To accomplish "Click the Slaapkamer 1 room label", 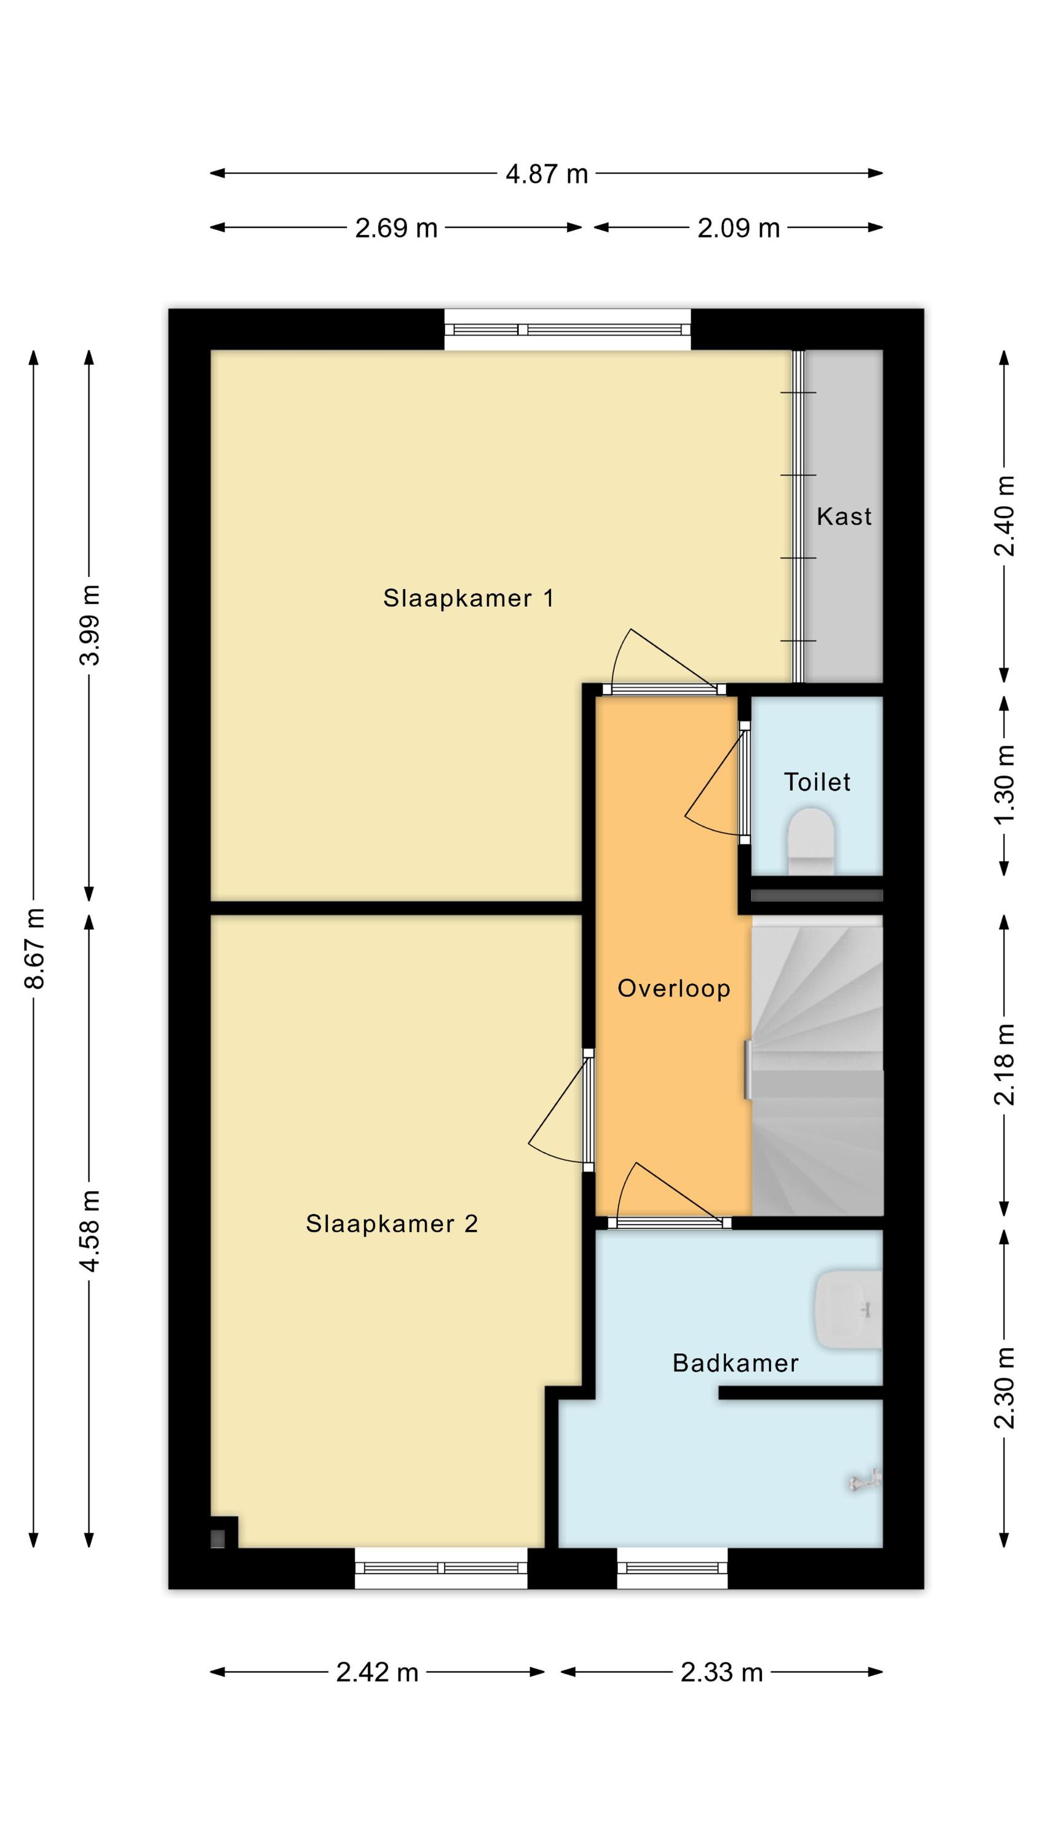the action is tap(468, 598).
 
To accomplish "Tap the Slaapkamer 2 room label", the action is tap(391, 1223).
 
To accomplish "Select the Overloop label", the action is tap(673, 989).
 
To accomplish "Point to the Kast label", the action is tap(844, 517).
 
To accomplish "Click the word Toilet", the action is tap(817, 782).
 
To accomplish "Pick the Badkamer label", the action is tap(735, 1363).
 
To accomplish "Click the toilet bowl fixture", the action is tap(811, 841).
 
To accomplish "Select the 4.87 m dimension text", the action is tap(547, 174).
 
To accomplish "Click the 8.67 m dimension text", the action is tap(34, 948).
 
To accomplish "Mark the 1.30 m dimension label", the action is tap(1004, 784).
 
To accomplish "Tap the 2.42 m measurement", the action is tap(378, 1672).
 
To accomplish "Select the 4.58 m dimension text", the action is tap(90, 1231).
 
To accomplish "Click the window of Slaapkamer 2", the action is tap(442, 1568).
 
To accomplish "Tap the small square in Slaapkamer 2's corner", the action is tap(218, 1539).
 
